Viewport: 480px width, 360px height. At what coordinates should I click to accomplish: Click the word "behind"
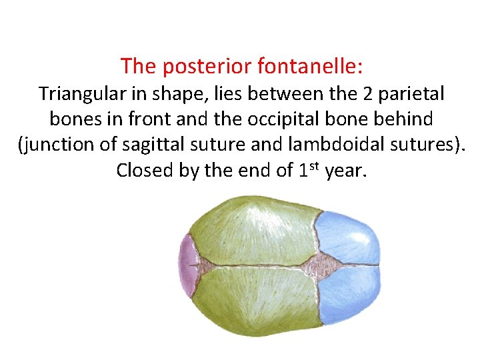coord(403,119)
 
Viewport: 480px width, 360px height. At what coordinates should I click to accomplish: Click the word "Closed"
coord(143,171)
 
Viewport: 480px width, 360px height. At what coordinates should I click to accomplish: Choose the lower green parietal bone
coord(253,300)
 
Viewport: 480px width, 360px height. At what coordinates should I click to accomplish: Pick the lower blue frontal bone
coord(350,297)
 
